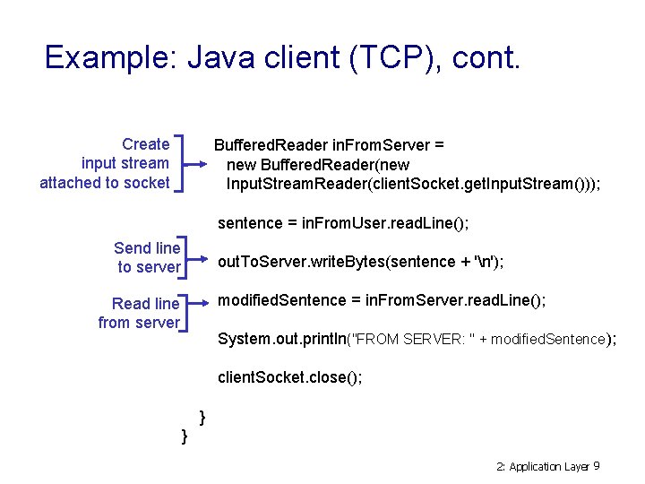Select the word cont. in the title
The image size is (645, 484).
(x=486, y=57)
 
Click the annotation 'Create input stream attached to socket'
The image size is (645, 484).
(x=105, y=163)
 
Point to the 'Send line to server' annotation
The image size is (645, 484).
(x=148, y=257)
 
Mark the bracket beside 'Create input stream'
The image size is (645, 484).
(x=182, y=163)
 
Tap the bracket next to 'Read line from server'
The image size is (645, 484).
(x=185, y=313)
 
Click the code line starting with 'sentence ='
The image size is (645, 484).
(x=343, y=222)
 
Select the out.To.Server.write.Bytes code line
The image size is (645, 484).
(x=360, y=262)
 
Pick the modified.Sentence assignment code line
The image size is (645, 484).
(x=382, y=300)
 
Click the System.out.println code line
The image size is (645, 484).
(x=417, y=339)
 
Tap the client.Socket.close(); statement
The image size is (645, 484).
(x=290, y=377)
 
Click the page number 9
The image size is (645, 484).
(x=597, y=466)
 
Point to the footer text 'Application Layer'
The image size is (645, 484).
(x=549, y=467)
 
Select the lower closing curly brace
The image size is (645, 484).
(x=184, y=436)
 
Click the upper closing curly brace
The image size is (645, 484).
(x=202, y=416)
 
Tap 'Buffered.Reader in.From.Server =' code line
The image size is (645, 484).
(x=329, y=145)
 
